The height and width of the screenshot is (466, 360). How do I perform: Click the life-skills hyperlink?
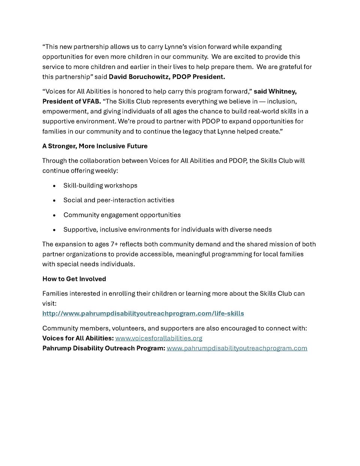click(143, 313)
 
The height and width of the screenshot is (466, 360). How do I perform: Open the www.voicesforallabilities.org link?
click(159, 338)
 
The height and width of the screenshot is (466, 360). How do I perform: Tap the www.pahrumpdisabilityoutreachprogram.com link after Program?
click(237, 348)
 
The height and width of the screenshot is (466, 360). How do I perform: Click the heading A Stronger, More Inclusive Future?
click(95, 146)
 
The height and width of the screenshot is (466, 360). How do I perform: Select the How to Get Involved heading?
click(74, 279)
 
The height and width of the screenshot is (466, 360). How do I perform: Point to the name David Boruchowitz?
click(138, 77)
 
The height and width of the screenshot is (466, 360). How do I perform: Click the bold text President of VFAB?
click(71, 101)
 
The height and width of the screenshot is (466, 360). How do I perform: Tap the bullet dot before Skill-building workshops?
click(54, 186)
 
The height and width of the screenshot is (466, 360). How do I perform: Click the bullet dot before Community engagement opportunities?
click(54, 215)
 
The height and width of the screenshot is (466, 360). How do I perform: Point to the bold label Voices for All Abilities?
click(78, 338)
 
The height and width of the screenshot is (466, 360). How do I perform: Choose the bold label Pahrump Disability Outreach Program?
click(103, 348)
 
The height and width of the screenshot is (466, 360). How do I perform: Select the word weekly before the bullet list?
click(106, 170)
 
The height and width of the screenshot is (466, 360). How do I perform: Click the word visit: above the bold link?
click(49, 303)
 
